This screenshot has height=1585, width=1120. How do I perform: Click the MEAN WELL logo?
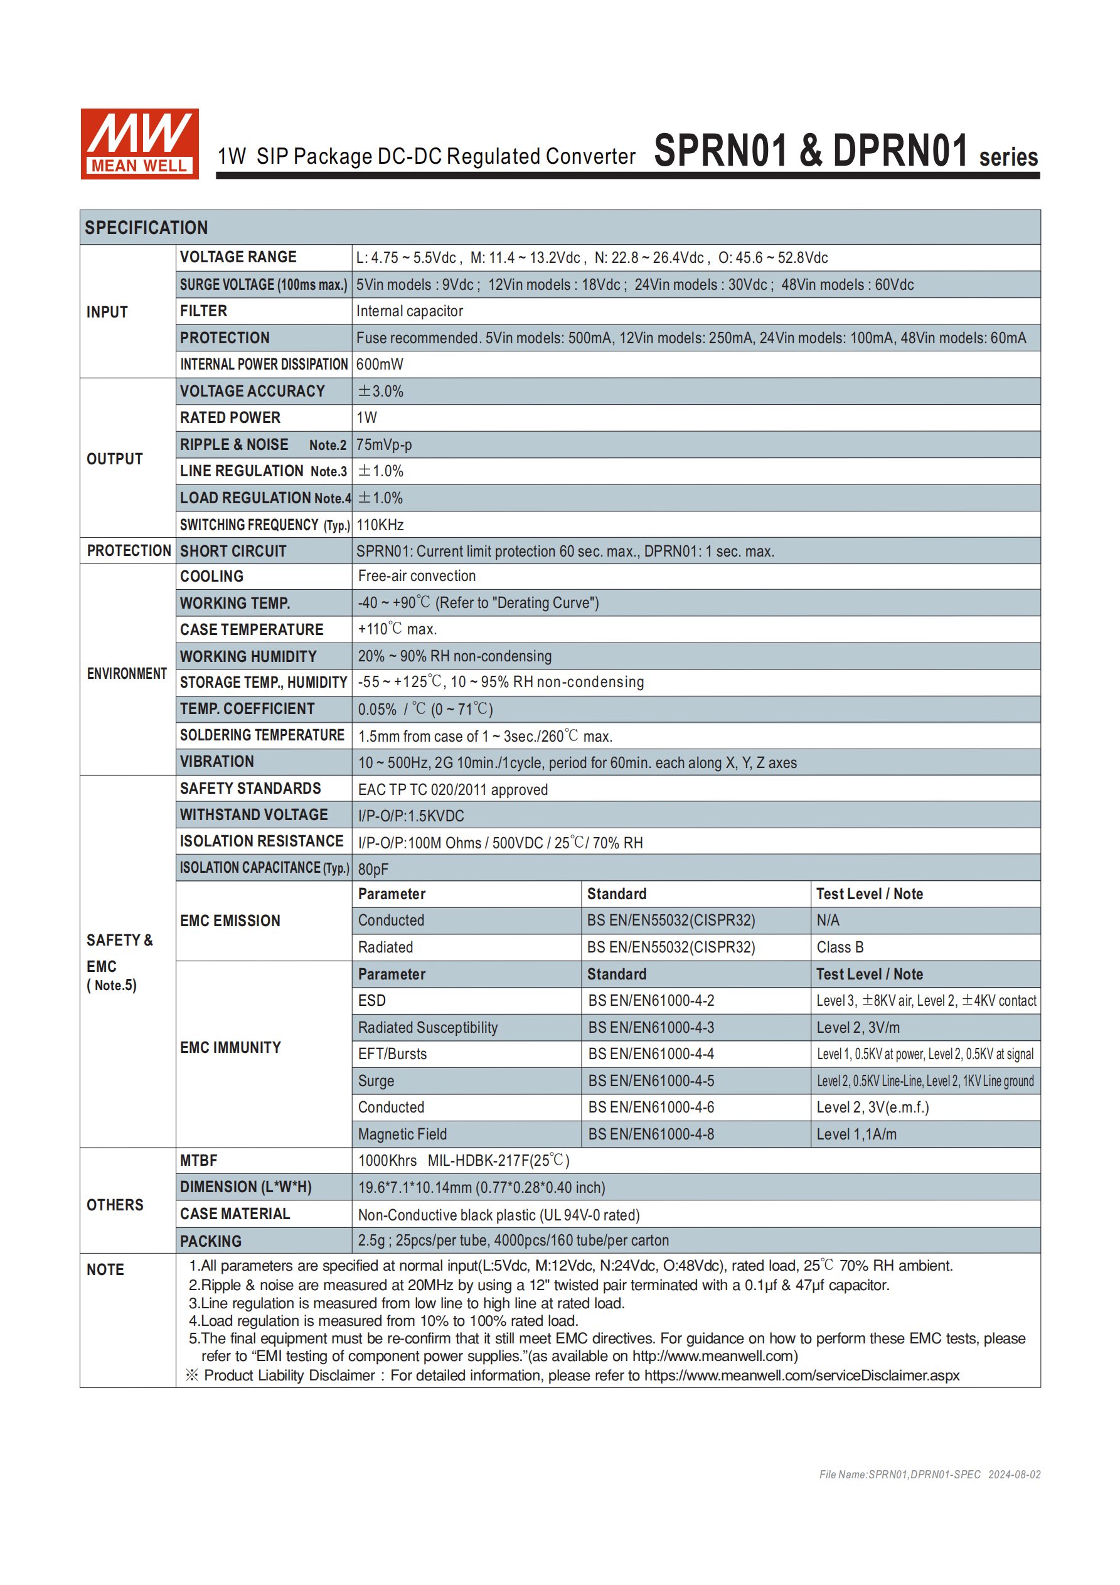[x=139, y=144]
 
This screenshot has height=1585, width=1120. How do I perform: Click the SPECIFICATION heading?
[x=146, y=228]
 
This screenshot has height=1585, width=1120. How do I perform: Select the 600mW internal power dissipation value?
[x=380, y=365]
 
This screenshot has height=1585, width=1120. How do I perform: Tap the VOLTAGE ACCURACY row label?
[x=252, y=392]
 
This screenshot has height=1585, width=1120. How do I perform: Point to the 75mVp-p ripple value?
[x=384, y=445]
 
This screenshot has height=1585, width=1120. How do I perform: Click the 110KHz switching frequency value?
[x=380, y=525]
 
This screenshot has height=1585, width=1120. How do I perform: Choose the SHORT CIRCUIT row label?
[x=233, y=551]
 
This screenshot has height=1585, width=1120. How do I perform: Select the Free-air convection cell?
[x=417, y=576]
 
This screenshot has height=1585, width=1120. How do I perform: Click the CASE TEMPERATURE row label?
[x=252, y=629]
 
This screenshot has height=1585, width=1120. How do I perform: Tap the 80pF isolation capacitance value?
[x=373, y=869]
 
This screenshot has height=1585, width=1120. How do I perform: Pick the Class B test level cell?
[x=840, y=947]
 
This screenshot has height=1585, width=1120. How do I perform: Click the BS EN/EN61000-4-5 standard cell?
[x=651, y=1081]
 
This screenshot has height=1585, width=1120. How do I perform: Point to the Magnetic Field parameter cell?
[x=402, y=1134]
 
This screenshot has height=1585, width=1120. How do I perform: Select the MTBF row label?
[x=199, y=1160]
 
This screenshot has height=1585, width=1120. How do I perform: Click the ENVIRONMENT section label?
[x=127, y=673]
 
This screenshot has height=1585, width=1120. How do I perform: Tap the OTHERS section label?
[x=115, y=1205]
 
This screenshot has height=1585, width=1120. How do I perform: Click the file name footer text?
[x=929, y=1475]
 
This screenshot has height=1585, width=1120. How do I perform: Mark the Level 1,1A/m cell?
[x=856, y=1134]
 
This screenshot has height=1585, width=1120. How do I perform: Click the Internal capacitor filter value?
[x=410, y=311]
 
